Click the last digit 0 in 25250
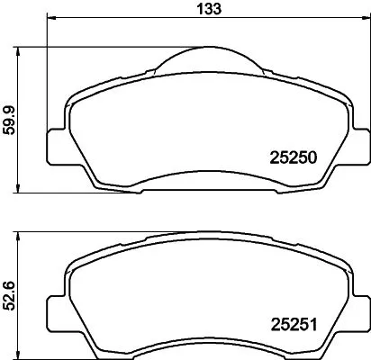(316, 155)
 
